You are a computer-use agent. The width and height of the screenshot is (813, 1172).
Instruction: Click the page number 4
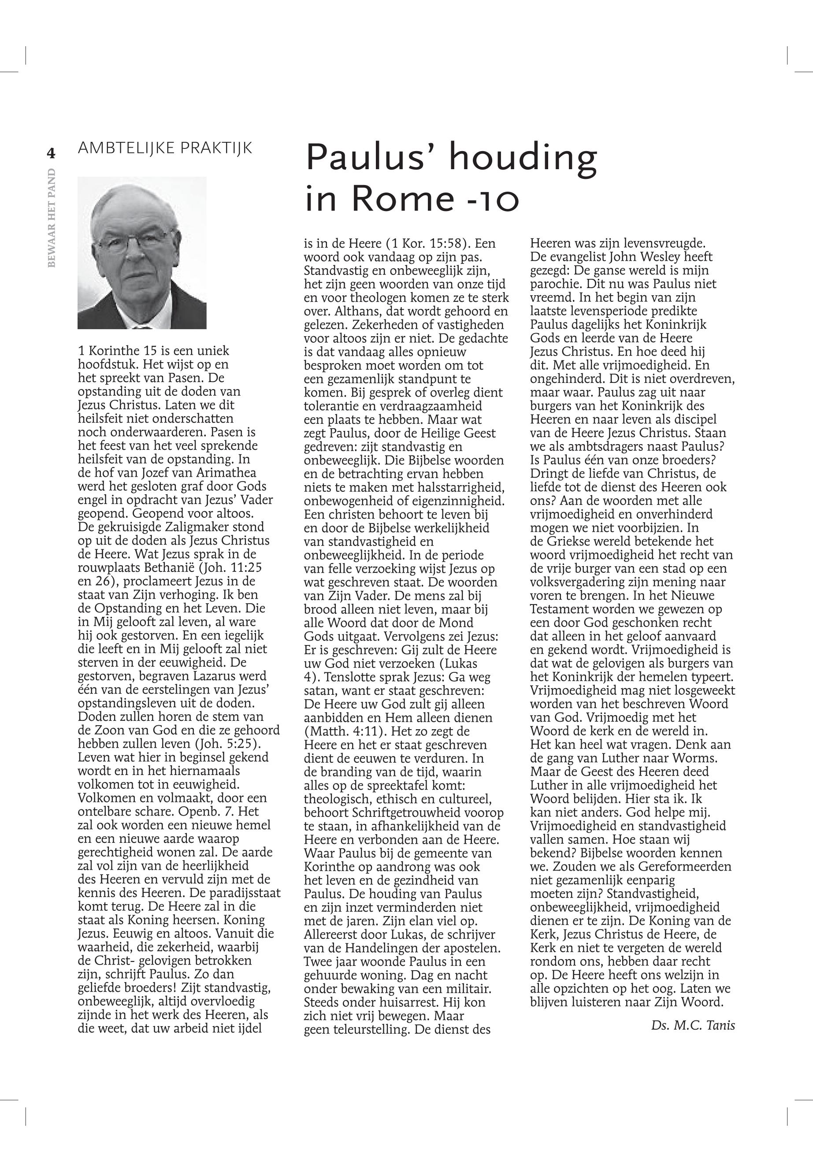coord(51,153)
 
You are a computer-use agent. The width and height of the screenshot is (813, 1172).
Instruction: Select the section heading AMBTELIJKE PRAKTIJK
coord(165,148)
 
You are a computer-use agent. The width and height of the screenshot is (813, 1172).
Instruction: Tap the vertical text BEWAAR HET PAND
coord(52,218)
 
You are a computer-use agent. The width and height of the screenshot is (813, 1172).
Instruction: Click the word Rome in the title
coord(402,198)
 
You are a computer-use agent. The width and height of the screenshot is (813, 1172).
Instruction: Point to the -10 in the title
coord(492,199)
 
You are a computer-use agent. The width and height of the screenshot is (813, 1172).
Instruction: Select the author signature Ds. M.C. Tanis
coord(693,1025)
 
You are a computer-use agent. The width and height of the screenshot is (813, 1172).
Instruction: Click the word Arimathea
coord(226,473)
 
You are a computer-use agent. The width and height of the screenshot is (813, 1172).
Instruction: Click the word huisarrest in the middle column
coord(414,1002)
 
